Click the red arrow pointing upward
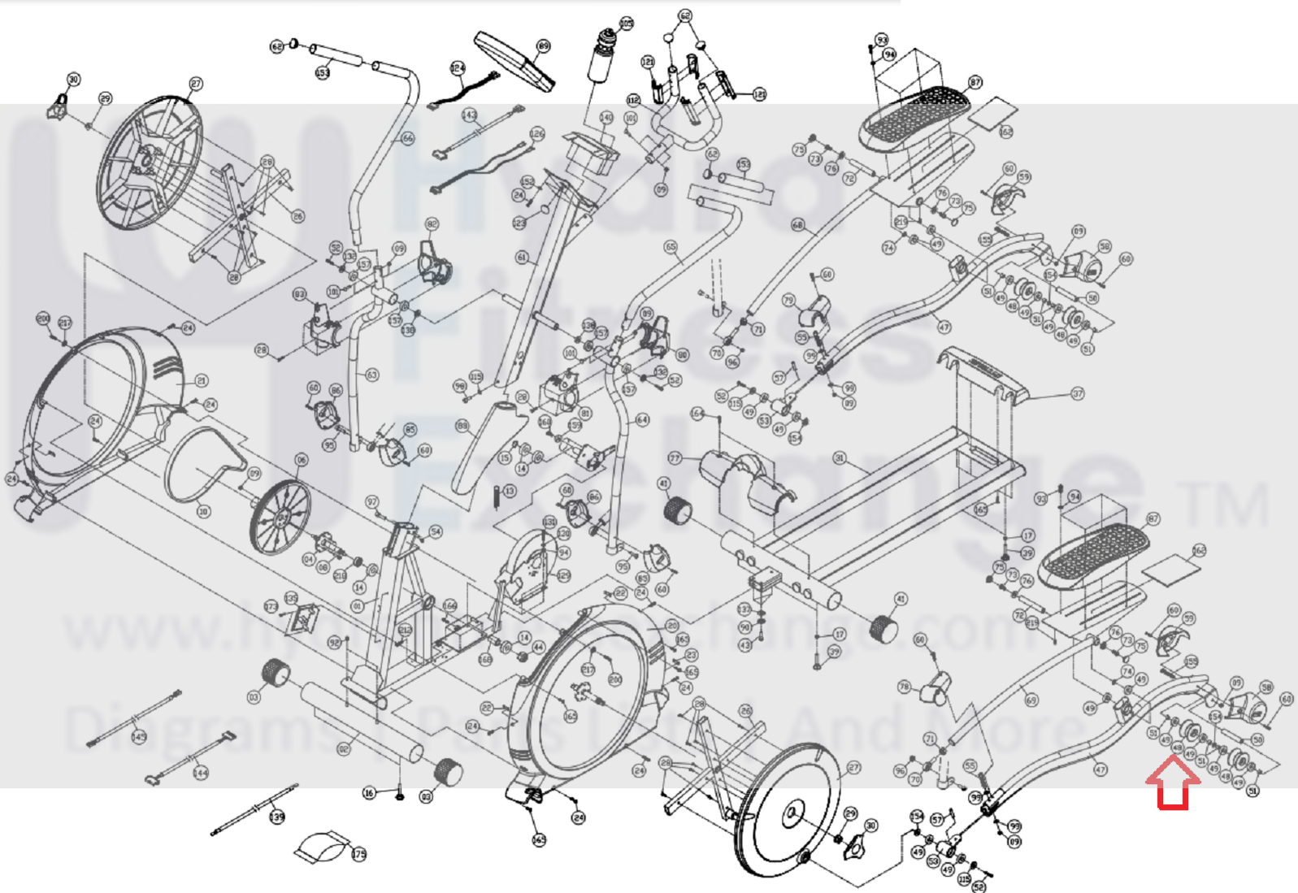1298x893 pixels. (x=1172, y=782)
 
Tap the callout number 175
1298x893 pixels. (x=358, y=854)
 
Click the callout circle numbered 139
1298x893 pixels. (x=277, y=816)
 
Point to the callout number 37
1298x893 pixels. (x=1078, y=393)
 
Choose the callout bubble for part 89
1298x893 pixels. (x=543, y=46)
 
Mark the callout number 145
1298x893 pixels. (x=139, y=736)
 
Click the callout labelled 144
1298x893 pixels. (x=200, y=773)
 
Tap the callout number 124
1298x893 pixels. (x=458, y=67)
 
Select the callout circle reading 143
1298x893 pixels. (x=469, y=115)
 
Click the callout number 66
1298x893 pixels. (x=407, y=138)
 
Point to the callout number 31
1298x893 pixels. (x=840, y=458)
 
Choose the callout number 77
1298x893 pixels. (x=674, y=459)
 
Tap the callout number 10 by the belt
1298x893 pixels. (x=203, y=511)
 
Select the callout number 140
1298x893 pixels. (x=606, y=118)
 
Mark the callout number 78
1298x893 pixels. (x=904, y=687)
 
